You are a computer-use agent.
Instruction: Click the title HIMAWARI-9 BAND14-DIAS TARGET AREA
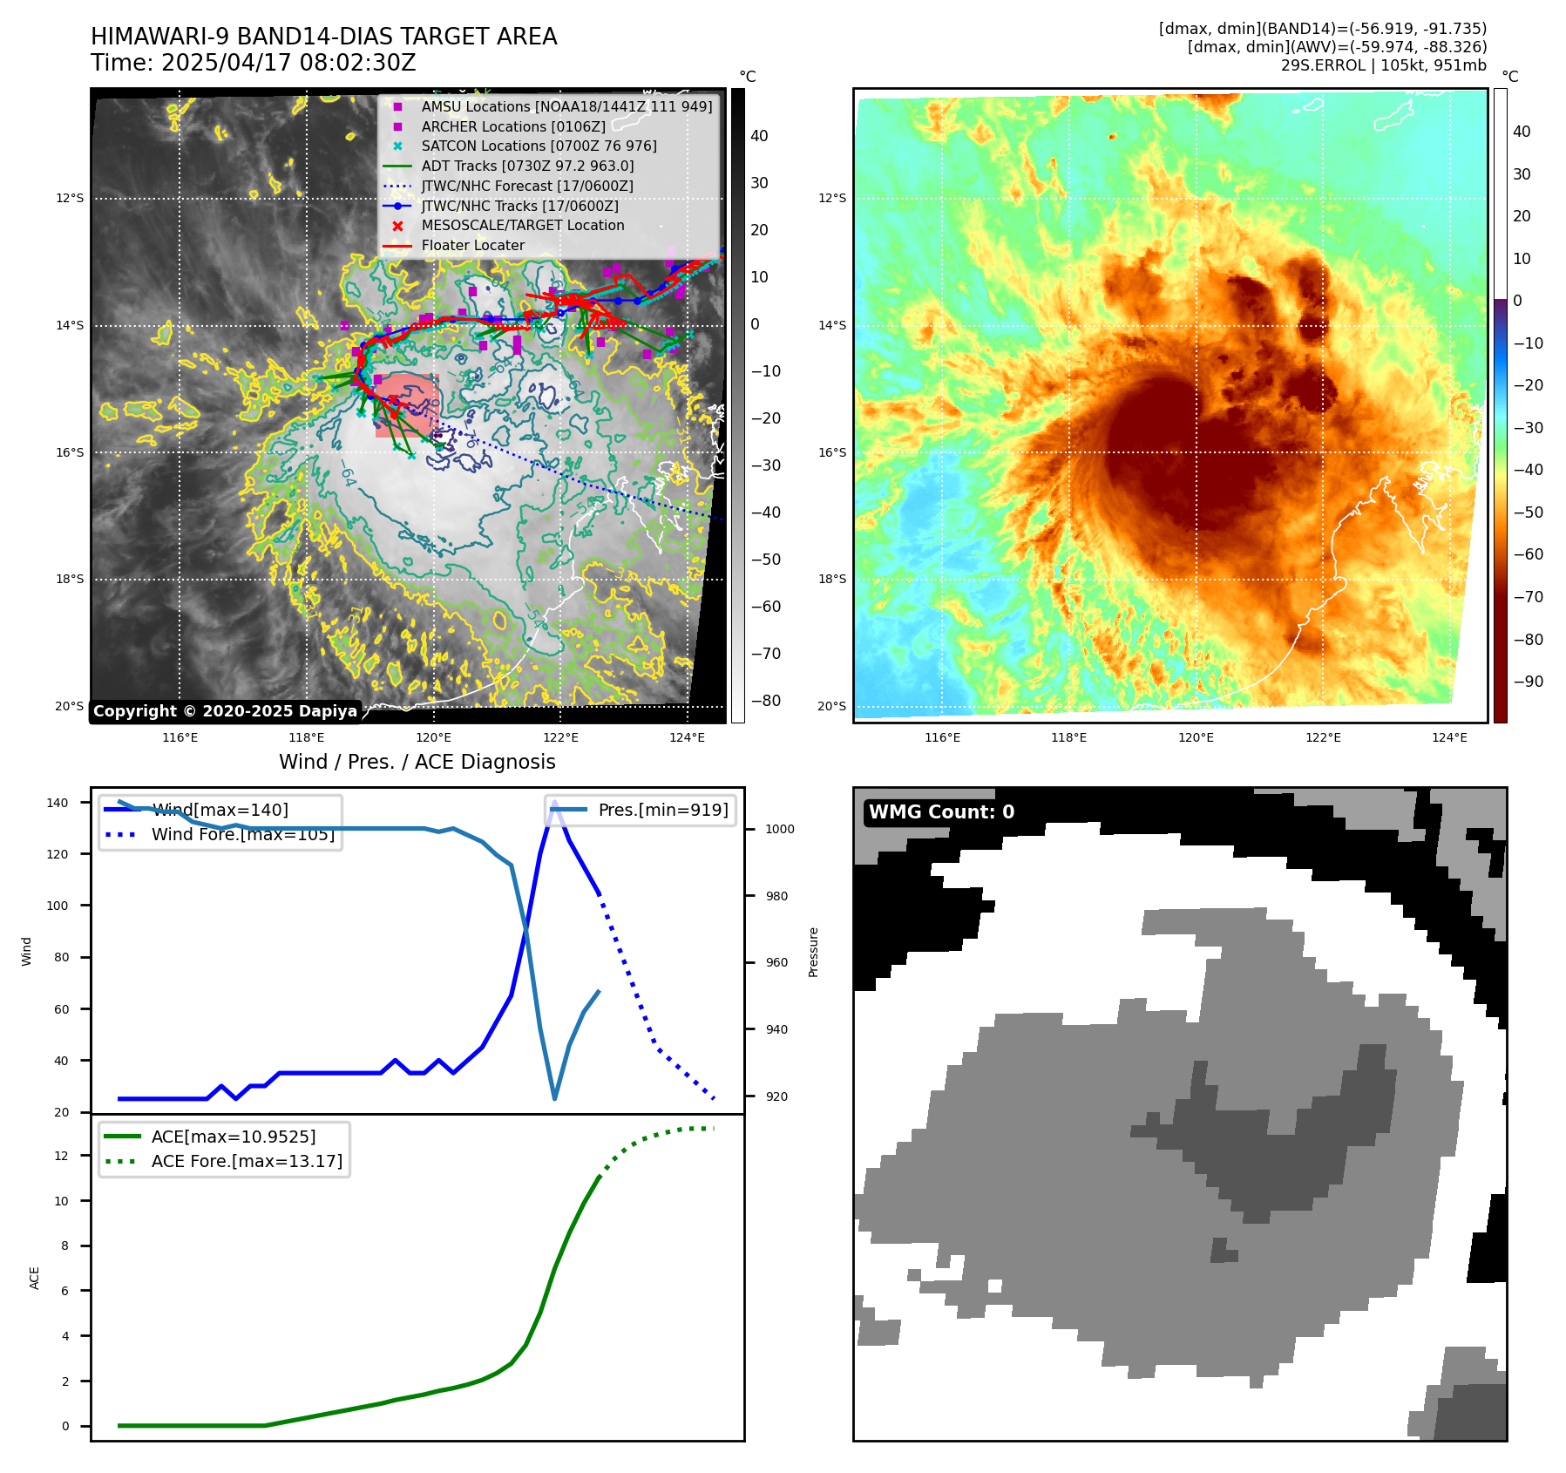point(323,37)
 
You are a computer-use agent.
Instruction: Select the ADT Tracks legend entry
point(527,166)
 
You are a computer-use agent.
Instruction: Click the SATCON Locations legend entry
point(539,146)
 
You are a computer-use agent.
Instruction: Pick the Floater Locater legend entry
point(472,246)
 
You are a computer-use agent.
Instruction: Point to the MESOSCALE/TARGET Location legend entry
point(522,226)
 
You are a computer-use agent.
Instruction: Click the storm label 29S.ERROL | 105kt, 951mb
point(1383,65)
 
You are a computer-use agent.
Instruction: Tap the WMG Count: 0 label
point(941,812)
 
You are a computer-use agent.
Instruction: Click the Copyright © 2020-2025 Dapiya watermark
point(225,711)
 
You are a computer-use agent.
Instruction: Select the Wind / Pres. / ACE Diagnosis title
point(417,762)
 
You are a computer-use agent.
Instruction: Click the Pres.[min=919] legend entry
point(662,810)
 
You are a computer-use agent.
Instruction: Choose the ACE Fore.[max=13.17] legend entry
point(247,1161)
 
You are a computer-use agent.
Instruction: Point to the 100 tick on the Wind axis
point(58,906)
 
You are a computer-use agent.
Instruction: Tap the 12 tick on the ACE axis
point(61,1156)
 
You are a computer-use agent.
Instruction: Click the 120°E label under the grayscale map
point(433,738)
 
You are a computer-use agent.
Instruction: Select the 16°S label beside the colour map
point(831,452)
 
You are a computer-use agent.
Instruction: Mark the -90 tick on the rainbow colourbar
point(1528,682)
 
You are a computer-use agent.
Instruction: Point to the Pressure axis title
point(813,952)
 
